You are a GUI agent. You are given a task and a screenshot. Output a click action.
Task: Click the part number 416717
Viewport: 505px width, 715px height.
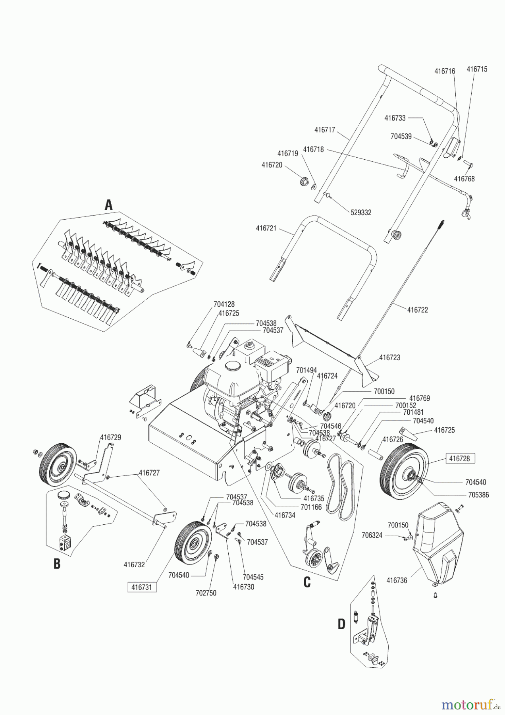[x=325, y=130]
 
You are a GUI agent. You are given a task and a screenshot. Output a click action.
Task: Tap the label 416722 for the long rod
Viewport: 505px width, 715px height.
[x=417, y=309]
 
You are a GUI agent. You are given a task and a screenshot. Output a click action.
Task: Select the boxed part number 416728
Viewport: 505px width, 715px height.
[x=459, y=458]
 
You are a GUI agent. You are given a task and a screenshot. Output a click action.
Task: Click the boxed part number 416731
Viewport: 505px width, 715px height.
[x=142, y=587]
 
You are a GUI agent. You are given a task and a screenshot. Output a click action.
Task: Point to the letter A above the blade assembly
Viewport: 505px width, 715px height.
[x=108, y=205]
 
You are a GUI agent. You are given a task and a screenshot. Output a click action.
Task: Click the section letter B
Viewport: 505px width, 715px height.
[x=57, y=564]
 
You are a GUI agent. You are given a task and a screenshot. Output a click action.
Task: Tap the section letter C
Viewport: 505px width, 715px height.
[x=306, y=582]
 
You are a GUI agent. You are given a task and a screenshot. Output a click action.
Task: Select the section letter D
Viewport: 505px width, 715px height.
[x=341, y=624]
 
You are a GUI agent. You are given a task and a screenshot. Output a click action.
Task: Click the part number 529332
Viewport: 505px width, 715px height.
[x=361, y=213]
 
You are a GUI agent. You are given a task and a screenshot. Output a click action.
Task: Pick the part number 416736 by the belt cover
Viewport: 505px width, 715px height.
[x=397, y=580]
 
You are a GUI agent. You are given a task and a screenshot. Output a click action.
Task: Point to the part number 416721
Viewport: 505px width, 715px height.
[x=266, y=228]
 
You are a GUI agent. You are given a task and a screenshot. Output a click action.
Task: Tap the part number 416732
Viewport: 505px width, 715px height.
[x=134, y=564]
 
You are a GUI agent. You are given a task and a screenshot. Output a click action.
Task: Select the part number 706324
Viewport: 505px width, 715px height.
[x=372, y=535]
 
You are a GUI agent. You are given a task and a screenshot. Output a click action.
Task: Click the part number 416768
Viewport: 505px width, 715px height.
[x=464, y=179]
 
